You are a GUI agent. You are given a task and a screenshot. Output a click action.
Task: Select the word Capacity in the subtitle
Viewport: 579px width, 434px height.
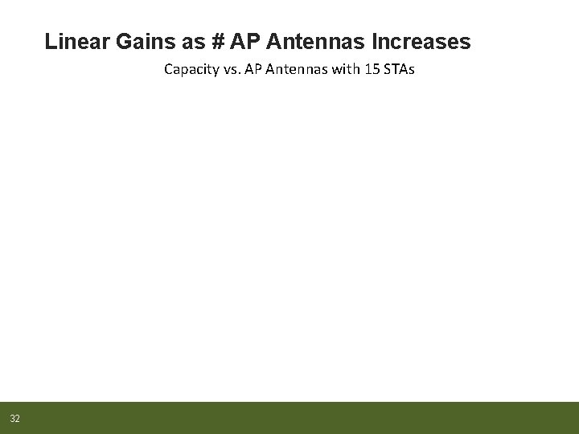[190, 69]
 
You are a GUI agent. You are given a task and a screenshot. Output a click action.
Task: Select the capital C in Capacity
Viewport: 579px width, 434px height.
[168, 69]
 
